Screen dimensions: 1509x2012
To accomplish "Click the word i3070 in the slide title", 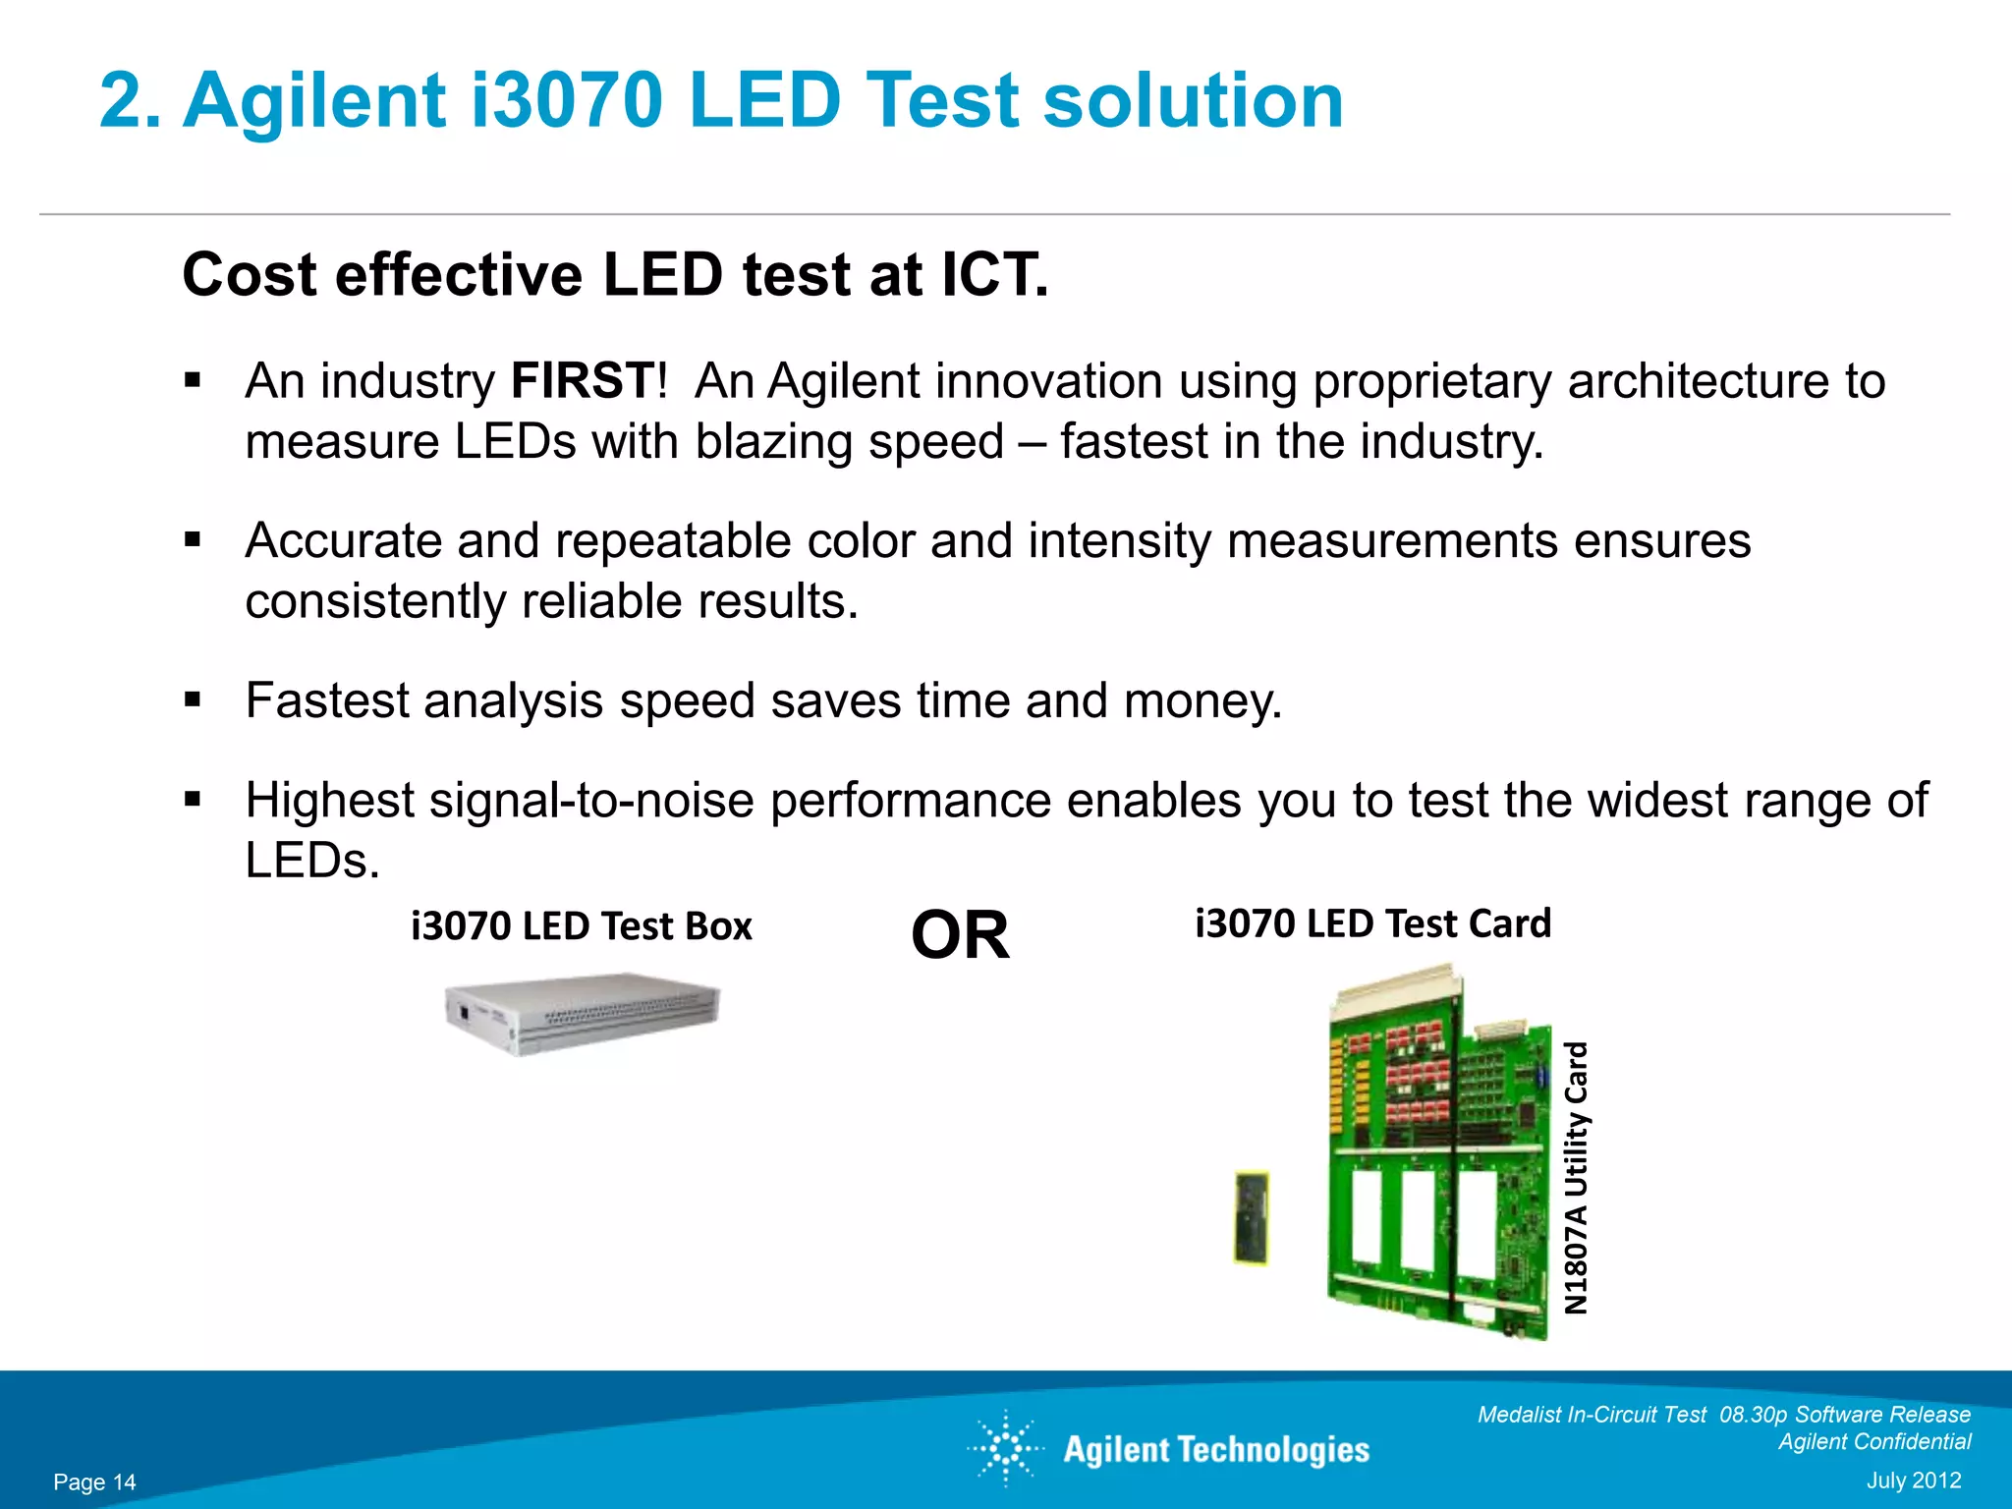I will coord(566,101).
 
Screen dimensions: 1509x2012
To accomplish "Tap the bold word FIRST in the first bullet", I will coord(583,381).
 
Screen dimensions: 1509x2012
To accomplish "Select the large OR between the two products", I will coord(960,935).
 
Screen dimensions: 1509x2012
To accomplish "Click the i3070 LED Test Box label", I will coord(582,926).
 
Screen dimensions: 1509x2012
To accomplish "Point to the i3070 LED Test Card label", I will coord(1372,923).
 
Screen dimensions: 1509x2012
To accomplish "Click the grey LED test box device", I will coord(582,1013).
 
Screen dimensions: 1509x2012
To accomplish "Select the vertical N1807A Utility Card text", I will coord(1576,1179).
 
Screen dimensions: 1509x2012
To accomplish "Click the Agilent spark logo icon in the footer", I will coord(1006,1448).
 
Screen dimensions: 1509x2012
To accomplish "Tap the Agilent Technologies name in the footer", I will coord(1216,1450).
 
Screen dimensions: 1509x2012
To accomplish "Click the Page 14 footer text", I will coord(94,1482).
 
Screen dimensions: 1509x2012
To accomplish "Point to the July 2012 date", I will coord(1913,1481).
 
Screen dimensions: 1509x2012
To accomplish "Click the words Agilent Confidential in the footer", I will coord(1873,1441).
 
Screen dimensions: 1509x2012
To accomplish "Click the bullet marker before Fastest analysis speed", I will coord(193,700).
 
